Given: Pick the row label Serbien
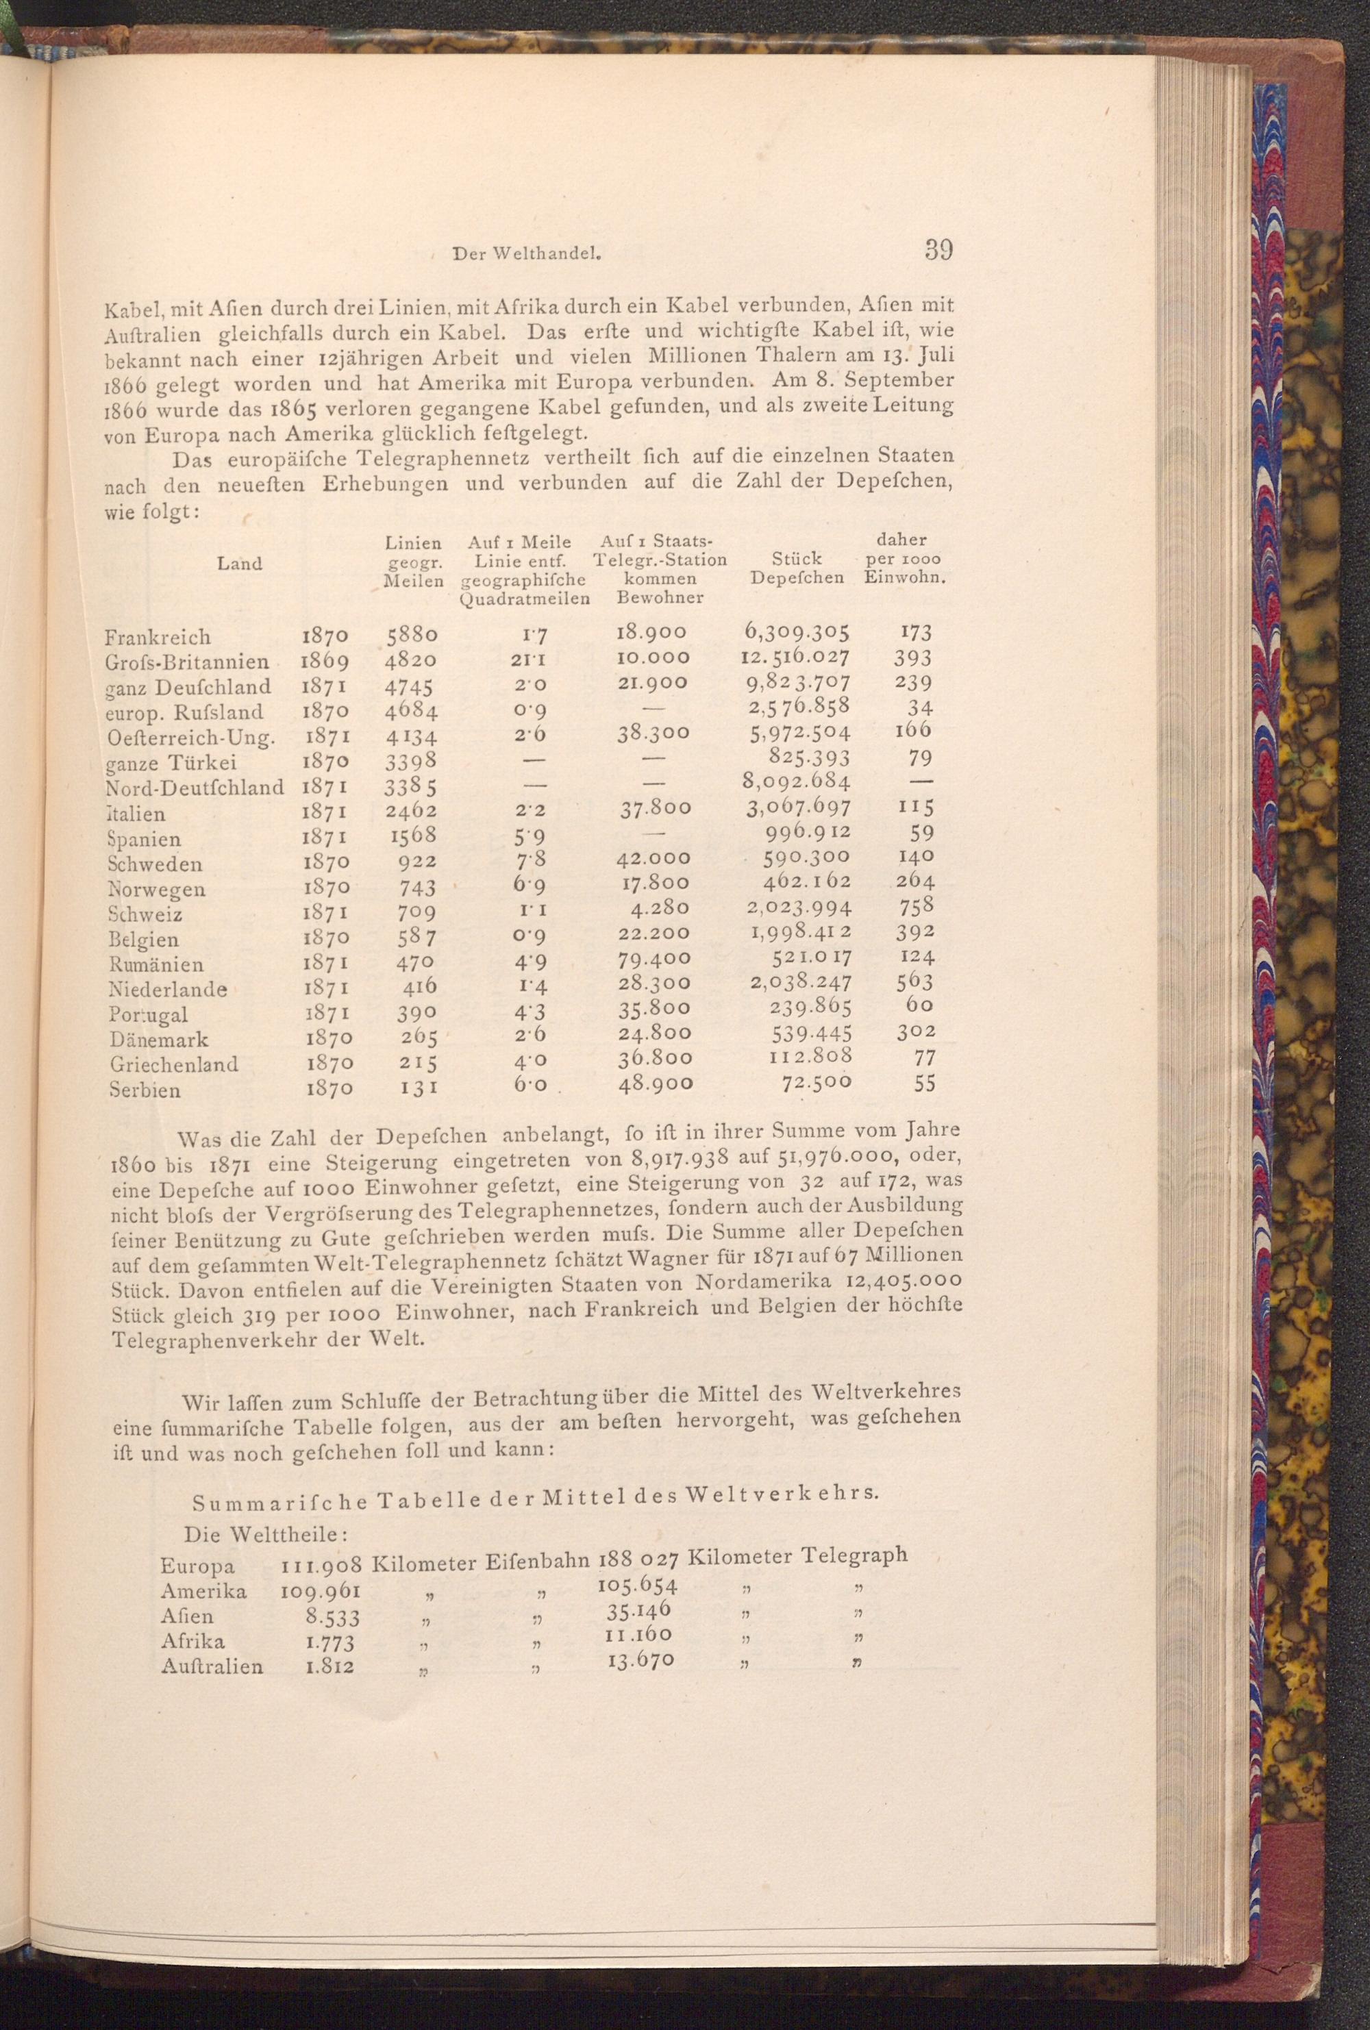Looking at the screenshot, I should pos(146,1090).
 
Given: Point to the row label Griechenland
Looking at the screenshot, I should pos(175,1065).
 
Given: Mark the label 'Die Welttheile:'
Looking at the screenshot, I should pos(266,1534).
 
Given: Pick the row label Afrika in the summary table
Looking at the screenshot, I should pos(193,1640).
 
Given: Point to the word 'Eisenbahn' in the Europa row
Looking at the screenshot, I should pos(539,1561).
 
